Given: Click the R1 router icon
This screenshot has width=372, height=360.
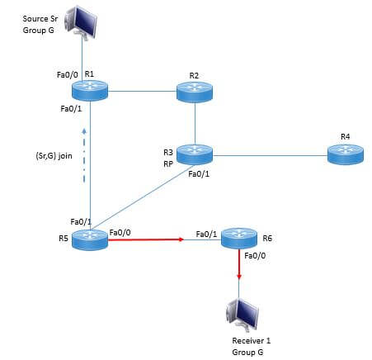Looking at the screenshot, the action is (90, 91).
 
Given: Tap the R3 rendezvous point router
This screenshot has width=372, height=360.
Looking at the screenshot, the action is (195, 154).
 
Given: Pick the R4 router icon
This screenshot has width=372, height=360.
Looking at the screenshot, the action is (346, 154).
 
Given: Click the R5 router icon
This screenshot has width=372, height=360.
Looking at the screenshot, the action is (90, 239).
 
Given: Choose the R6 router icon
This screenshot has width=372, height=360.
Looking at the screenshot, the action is (239, 239).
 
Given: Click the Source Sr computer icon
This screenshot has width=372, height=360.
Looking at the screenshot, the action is (81, 22).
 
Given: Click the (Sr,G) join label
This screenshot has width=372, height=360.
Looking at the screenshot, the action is (54, 156).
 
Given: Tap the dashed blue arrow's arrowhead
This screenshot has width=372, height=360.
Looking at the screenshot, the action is (84, 130).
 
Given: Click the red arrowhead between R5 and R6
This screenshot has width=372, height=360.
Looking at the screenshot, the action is (181, 239).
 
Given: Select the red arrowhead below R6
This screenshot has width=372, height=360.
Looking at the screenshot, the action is (239, 277).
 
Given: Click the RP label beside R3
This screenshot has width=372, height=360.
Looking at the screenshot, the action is (168, 164).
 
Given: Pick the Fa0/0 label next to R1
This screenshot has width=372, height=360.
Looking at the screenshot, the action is (68, 74).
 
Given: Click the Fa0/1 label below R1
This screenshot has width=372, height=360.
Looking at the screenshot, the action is (71, 109).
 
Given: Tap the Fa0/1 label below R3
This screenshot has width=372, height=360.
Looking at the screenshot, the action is (199, 174).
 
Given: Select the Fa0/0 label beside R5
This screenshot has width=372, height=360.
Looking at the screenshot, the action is (120, 233).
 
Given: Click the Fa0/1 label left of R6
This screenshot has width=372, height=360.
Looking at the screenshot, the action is (206, 234).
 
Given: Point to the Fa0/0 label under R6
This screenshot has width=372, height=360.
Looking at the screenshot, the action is (255, 256).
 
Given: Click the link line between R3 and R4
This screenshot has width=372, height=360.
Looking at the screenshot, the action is (270, 155).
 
